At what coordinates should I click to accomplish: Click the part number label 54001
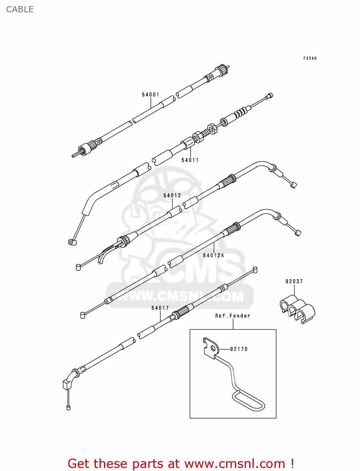tap(150, 95)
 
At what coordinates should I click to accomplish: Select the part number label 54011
tap(190, 160)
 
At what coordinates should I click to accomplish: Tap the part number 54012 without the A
tap(172, 195)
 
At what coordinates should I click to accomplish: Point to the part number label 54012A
tap(214, 255)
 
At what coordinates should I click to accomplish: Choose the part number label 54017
tap(160, 308)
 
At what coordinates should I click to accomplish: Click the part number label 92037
tap(294, 281)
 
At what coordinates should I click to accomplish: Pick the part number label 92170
tap(239, 349)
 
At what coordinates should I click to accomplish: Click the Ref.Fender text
tap(232, 316)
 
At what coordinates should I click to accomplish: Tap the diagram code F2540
tap(310, 58)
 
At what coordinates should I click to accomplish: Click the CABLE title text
tap(20, 9)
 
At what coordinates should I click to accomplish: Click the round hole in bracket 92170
tap(213, 348)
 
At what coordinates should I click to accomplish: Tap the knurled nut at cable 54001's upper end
tap(221, 71)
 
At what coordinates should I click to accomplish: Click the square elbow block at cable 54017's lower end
tap(67, 384)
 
